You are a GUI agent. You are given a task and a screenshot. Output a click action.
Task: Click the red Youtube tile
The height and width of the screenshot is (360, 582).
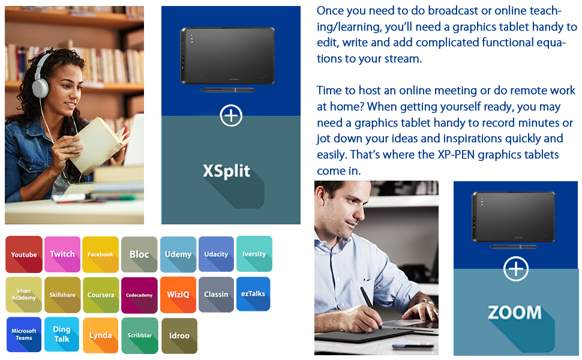point(24,254)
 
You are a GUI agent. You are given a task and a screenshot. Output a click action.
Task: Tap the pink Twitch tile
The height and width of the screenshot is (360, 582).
point(62,254)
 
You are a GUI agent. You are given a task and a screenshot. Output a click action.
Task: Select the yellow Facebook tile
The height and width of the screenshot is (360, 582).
point(101,254)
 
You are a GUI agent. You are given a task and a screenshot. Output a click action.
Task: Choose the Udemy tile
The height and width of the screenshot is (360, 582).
point(178,254)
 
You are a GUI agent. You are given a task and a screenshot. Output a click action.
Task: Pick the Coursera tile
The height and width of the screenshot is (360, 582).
point(101,295)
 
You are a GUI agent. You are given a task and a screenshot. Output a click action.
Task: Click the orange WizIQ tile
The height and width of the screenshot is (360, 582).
point(178,295)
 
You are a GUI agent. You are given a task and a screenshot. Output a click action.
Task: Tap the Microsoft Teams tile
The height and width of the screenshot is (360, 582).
point(24,334)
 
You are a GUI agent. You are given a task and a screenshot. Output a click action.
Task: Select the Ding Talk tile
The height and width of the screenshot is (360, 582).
point(62,334)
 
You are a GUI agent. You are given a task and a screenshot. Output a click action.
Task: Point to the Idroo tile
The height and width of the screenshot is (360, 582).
point(179,335)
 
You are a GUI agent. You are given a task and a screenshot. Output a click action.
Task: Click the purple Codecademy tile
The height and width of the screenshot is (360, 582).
point(139,295)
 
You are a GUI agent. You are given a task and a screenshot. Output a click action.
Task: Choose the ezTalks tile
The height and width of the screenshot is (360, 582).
point(253,294)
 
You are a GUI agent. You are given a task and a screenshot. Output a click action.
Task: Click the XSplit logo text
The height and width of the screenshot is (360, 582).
point(226,171)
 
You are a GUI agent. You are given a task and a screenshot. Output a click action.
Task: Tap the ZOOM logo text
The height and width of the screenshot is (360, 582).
point(515,313)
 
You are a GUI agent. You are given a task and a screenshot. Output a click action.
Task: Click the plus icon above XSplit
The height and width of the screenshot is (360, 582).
point(231,116)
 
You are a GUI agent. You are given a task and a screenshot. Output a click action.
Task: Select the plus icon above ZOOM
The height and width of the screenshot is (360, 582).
point(516,269)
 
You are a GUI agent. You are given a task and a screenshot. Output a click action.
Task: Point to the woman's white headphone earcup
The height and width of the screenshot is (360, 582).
point(40,88)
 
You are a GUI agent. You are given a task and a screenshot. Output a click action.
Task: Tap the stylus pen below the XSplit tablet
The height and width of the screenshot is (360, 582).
point(227,90)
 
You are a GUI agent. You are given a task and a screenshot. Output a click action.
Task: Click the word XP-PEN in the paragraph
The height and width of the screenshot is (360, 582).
point(456,155)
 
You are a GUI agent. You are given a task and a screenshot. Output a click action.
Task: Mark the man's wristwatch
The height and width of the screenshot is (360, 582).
point(427,301)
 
